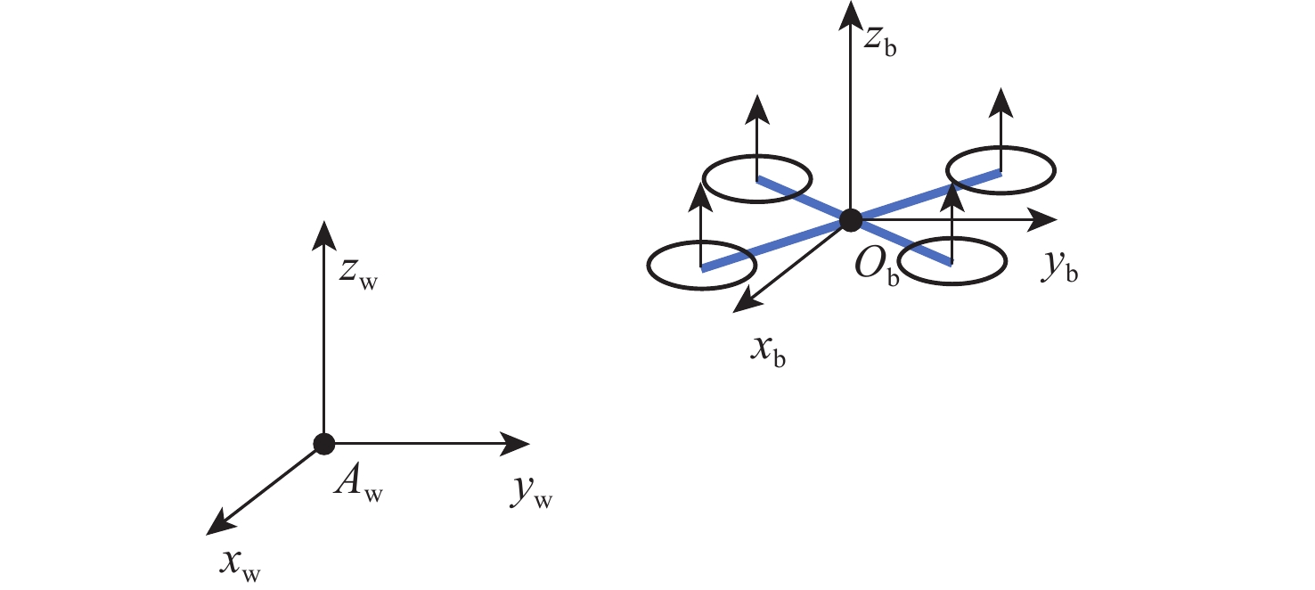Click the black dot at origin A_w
[x=323, y=443]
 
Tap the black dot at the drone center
[x=851, y=218]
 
